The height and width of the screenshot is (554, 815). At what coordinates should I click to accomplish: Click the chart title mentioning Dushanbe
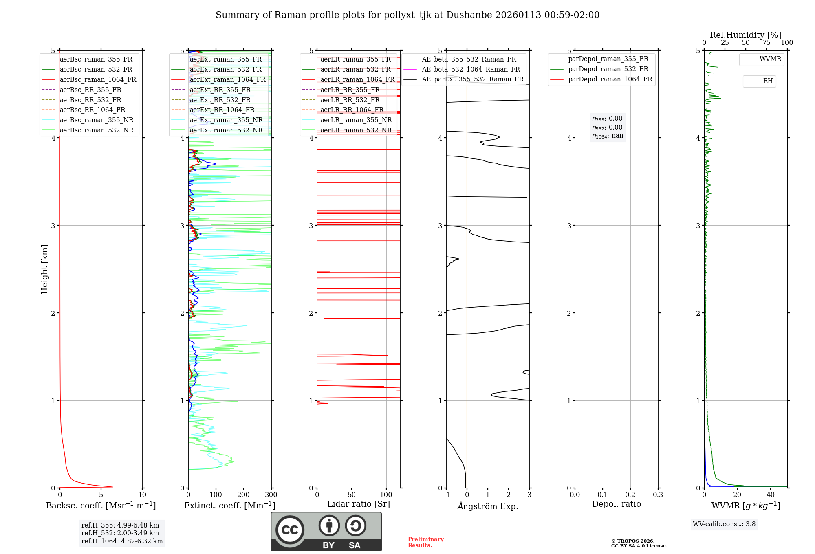tap(407, 15)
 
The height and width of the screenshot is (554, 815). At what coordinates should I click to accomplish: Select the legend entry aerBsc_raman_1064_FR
tap(98, 80)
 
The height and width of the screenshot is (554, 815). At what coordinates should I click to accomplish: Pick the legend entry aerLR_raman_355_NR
tap(356, 120)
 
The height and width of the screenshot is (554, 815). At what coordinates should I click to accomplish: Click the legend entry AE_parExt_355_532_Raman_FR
tap(472, 79)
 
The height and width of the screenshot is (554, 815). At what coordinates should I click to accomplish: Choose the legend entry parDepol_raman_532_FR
tap(608, 69)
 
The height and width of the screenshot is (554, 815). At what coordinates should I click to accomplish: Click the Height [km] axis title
tap(44, 269)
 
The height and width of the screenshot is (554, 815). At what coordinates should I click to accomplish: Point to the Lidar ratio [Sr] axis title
tap(359, 504)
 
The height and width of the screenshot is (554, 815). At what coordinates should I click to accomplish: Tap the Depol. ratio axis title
tap(616, 504)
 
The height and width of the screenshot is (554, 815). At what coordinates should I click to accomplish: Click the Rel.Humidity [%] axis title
tap(745, 35)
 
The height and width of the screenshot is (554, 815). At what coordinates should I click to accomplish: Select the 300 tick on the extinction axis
tap(271, 495)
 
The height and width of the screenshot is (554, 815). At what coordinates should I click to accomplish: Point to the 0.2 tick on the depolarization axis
tap(630, 495)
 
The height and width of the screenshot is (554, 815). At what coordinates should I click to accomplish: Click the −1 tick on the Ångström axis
tap(446, 495)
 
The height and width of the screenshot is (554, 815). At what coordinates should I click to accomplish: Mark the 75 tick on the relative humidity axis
tap(766, 43)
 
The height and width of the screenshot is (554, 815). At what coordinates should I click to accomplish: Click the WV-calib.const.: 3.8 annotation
tap(724, 524)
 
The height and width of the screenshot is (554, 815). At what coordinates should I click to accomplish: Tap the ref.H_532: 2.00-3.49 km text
tap(120, 533)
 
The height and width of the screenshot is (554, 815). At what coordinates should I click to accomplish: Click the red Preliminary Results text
tap(425, 542)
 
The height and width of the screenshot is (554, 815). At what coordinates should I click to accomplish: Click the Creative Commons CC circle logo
tap(290, 530)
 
